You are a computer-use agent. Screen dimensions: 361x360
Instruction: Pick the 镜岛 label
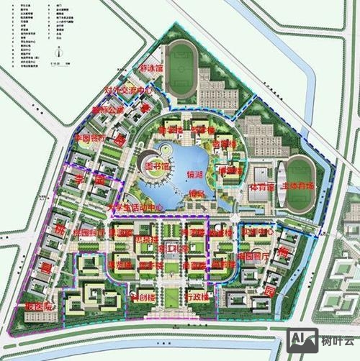point(197,193)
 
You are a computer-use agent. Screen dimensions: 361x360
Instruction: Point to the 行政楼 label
point(197,295)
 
